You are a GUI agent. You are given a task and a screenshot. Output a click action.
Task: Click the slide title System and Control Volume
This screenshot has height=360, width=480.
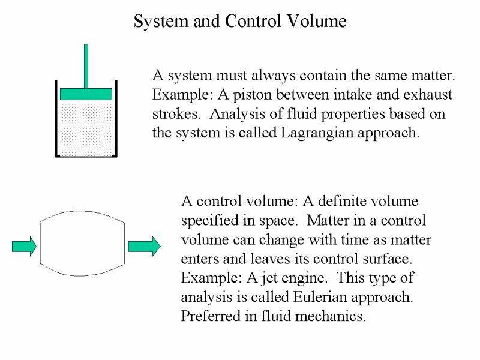pyautogui.click(x=240, y=21)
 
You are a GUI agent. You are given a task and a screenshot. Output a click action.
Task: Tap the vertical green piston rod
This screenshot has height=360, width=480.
pyautogui.click(x=86, y=66)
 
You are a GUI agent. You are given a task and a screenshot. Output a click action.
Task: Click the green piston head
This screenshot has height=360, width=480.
pyautogui.click(x=86, y=94)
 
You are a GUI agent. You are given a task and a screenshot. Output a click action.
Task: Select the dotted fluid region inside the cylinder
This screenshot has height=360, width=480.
pyautogui.click(x=86, y=128)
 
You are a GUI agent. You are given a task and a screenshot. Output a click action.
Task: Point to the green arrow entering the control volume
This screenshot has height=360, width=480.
pyautogui.click(x=24, y=246)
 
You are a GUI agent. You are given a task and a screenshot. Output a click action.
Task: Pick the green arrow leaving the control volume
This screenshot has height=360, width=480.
pyautogui.click(x=144, y=246)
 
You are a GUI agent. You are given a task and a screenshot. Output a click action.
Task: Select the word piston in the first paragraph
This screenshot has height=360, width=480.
pyautogui.click(x=252, y=95)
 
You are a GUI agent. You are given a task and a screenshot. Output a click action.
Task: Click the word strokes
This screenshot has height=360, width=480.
pyautogui.click(x=176, y=114)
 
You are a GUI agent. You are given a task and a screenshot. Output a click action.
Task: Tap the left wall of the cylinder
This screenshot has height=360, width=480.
pyautogui.click(x=56, y=119)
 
